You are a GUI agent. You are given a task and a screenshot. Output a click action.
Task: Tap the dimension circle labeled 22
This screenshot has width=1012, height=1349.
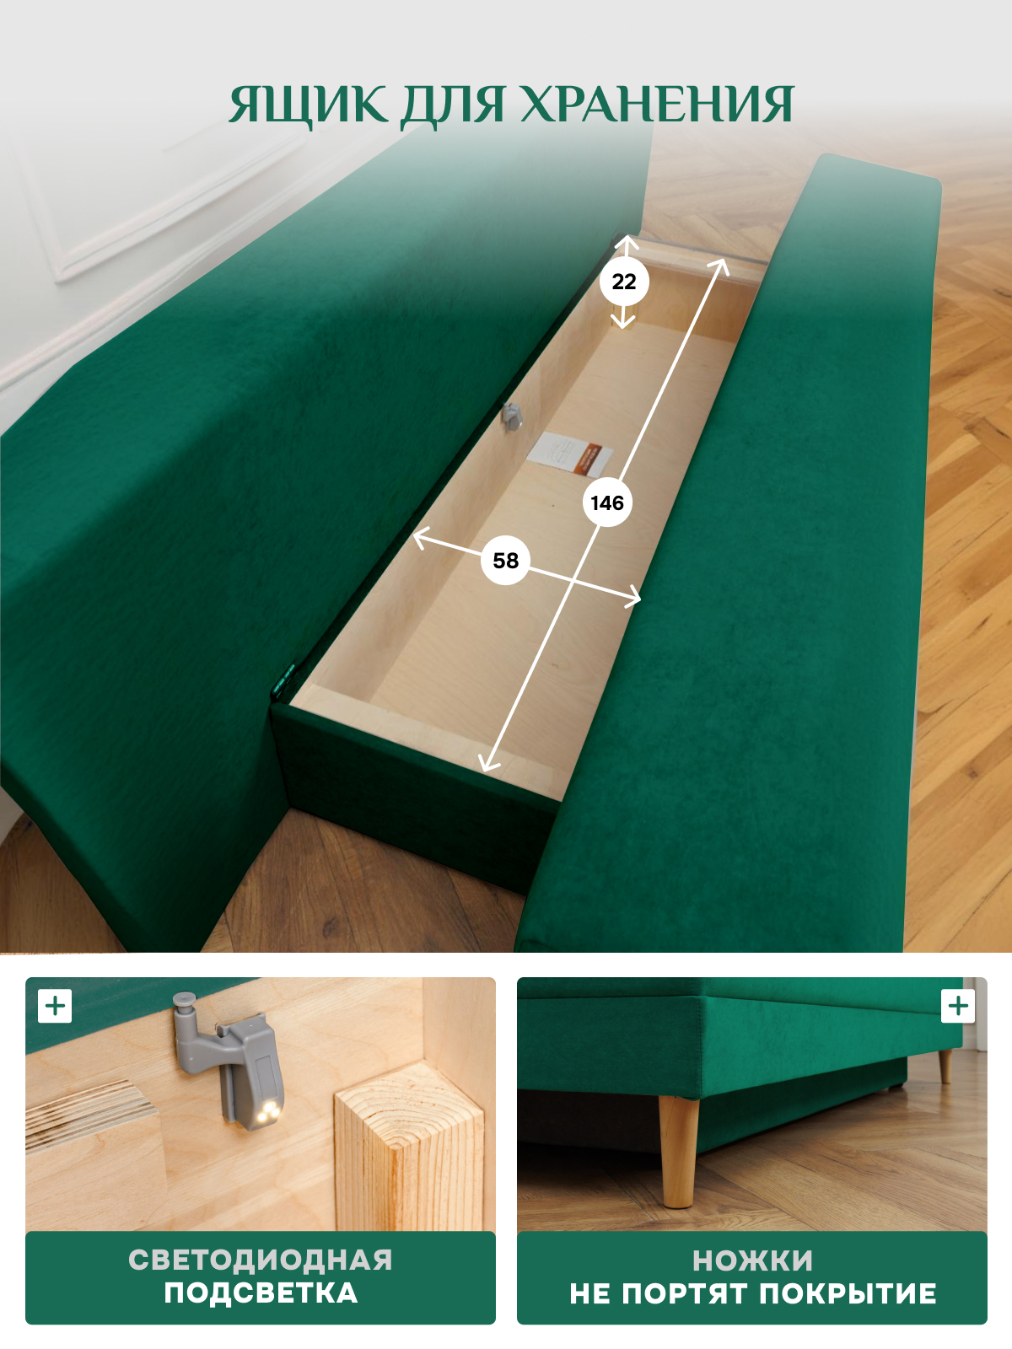click(x=624, y=282)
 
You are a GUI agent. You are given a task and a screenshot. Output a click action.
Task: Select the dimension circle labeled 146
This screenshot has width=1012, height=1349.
click(x=607, y=503)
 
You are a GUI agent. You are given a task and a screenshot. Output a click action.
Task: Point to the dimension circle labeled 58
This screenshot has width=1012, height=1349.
click(x=506, y=561)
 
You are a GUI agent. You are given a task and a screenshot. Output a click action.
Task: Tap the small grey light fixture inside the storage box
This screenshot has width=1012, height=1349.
click(x=511, y=416)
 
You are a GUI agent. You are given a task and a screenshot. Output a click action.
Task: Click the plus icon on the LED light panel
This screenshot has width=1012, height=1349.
click(x=55, y=1006)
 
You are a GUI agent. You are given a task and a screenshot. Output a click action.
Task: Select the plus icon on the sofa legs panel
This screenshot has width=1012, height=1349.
click(x=958, y=1006)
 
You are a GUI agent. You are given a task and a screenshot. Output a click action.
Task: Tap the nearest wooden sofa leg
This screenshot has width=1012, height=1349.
click(x=679, y=1151)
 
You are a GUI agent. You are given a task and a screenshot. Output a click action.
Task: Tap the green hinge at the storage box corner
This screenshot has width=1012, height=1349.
click(x=284, y=680)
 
